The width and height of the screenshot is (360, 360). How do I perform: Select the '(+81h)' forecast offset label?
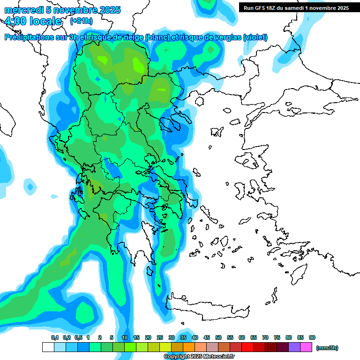81,21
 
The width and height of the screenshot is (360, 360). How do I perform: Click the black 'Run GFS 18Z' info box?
296,7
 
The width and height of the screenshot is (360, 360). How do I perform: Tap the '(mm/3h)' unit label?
327,348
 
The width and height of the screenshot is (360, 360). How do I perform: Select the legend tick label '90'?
312,337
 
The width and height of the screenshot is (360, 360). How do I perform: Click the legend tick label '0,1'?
54,337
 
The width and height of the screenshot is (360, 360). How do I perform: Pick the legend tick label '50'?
218,337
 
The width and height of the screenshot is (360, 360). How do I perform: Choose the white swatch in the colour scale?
48,347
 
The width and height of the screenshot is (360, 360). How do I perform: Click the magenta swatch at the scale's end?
306,347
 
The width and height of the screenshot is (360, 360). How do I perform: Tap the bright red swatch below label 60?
247,347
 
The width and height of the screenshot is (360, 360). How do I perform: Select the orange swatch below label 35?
189,347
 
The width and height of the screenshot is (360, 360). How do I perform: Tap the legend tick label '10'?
125,337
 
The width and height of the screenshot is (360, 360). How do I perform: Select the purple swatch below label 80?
294,347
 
